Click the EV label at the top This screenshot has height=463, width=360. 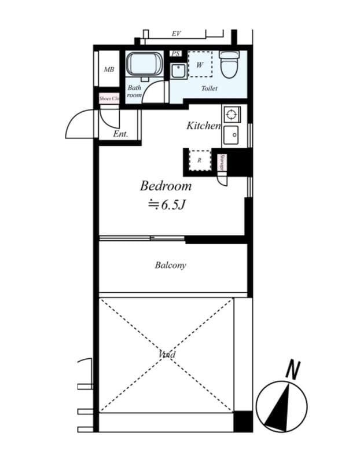click(177, 34)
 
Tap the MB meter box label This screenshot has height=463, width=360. click(109, 69)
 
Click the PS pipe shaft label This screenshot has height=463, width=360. click(176, 54)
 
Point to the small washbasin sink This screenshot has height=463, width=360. click(178, 71)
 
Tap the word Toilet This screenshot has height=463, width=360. click(209, 89)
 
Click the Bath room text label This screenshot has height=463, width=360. click(134, 91)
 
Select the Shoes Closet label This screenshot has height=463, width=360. click(109, 98)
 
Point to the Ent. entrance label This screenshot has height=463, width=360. click(120, 134)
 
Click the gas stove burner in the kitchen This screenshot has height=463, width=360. click(232, 114)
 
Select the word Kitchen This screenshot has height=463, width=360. click(203, 126)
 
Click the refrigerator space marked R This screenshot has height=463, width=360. click(199, 160)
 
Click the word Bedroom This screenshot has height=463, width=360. click(166, 186)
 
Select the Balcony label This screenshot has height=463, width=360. click(170, 266)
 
